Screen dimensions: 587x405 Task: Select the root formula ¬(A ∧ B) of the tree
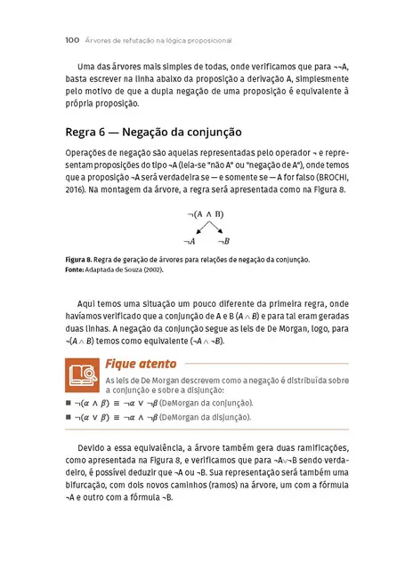pos(206,214)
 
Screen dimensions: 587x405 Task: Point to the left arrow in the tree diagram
pos(197,229)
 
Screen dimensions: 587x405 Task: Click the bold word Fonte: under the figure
pos(77,269)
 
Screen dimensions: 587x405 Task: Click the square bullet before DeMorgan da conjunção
pos(69,403)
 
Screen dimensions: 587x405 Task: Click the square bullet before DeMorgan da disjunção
pos(69,416)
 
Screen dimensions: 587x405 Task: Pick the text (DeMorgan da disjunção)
pos(207,416)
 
